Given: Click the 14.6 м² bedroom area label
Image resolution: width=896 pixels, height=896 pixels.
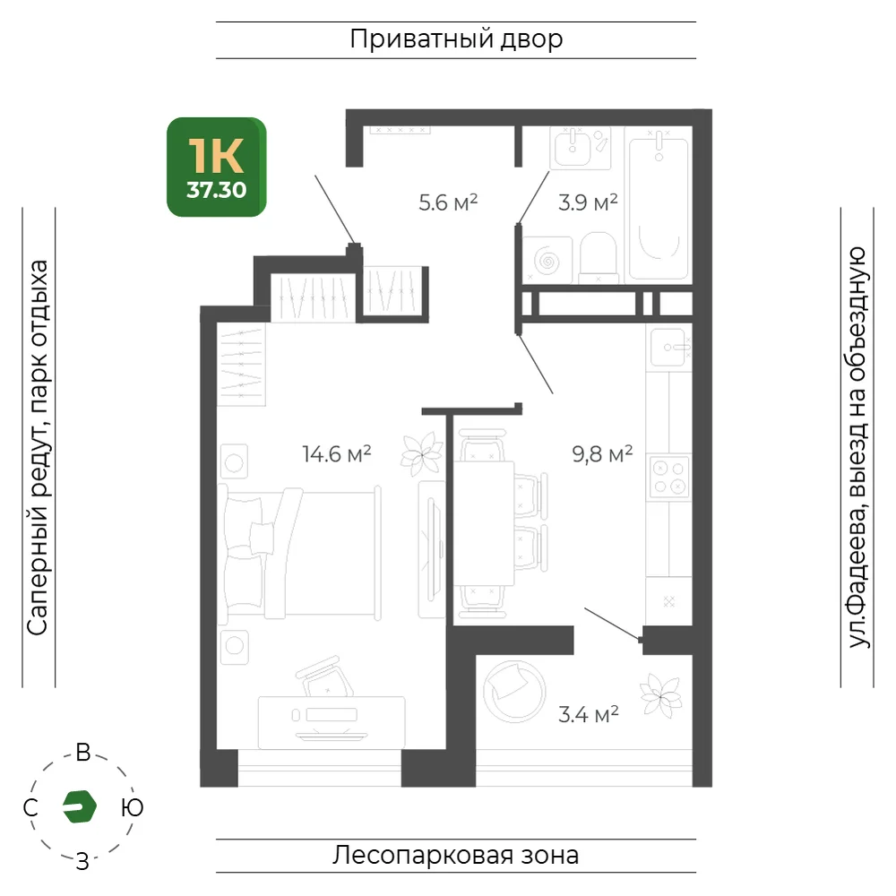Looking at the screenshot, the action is tap(337, 454).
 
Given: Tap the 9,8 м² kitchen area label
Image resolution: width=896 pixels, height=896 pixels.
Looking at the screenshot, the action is tap(602, 454).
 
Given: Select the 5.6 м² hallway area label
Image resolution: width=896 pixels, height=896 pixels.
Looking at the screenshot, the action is tap(448, 202).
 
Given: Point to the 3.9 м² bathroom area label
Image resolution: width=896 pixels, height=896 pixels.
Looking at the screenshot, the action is tap(588, 202).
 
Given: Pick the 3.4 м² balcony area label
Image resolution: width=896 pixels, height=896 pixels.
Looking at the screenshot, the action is tap(589, 714).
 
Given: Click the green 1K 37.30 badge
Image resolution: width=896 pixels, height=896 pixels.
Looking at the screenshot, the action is tap(217, 167).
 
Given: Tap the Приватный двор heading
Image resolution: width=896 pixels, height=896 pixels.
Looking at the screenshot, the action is tap(457, 39).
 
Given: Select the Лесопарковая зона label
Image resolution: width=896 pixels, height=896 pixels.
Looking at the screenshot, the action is tap(456, 856).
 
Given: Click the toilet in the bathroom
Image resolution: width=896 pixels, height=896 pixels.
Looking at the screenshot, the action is tap(599, 257).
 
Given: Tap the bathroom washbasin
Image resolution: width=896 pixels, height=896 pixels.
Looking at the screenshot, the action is tap(573, 148).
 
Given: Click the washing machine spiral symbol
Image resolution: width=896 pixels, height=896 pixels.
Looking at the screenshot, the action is tap(547, 261).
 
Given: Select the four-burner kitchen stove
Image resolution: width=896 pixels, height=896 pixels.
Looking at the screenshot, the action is tap(669, 478).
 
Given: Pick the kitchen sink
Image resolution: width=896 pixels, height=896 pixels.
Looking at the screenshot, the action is tap(668, 348).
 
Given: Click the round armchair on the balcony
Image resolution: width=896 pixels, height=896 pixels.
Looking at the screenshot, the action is tap(513, 691).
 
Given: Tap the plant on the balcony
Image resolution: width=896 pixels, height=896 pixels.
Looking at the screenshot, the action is tap(661, 696).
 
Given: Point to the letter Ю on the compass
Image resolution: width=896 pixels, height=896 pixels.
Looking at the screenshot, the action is tap(132, 808).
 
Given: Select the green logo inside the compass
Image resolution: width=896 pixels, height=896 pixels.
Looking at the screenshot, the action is tap(80, 806).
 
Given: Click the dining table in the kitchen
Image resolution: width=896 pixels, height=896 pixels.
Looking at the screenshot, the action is tap(484, 523).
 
